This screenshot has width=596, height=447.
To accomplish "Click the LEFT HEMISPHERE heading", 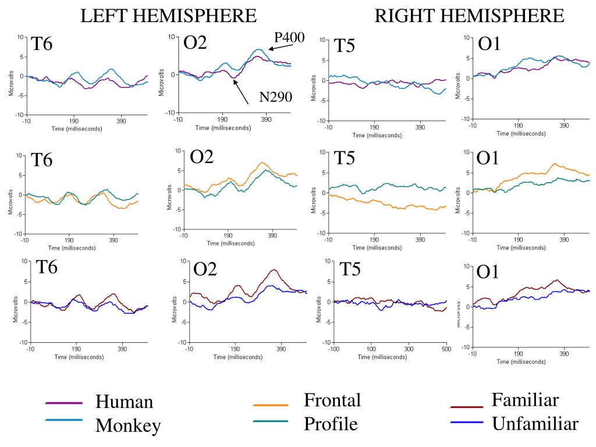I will [168, 16].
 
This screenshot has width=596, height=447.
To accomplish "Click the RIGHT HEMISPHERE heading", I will [469, 16].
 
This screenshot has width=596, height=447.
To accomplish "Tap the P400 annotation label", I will [289, 38].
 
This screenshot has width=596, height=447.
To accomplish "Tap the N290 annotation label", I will [275, 97].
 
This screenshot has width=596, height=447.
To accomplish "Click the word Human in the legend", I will [124, 402].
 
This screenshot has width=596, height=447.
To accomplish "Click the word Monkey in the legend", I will [128, 425].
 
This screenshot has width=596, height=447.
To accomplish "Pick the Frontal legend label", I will [332, 400].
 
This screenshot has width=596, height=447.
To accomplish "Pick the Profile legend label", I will [331, 424].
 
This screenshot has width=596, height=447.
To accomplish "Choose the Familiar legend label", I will [525, 400].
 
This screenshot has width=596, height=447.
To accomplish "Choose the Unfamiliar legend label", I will [535, 424].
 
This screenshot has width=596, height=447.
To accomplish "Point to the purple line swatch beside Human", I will [63, 402].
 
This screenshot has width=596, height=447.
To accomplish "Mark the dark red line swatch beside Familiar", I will [467, 407].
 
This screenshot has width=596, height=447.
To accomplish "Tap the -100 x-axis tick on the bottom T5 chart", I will [334, 349].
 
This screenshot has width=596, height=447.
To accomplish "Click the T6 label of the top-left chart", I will [42, 44].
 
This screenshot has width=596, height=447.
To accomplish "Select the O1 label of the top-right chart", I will [489, 44].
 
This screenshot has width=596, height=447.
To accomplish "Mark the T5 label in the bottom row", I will [350, 269].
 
